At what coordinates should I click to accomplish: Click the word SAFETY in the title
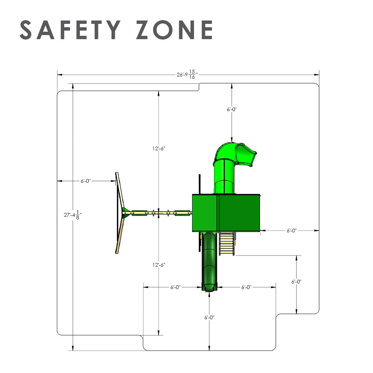click(x=70, y=30)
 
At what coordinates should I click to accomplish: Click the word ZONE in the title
click(x=175, y=30)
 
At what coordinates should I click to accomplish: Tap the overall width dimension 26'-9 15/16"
click(x=187, y=75)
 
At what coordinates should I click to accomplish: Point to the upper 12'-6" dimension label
click(x=159, y=148)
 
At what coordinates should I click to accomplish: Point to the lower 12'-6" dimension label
click(x=159, y=265)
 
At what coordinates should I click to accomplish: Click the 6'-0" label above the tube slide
click(x=232, y=109)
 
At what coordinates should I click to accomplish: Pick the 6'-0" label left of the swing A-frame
click(x=86, y=181)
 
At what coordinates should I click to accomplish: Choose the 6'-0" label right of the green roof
click(x=292, y=231)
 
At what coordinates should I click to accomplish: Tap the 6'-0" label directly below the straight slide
click(x=209, y=317)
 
